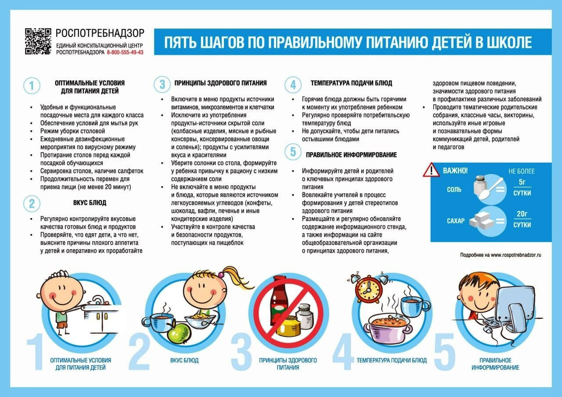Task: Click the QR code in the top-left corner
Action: pos(38,42)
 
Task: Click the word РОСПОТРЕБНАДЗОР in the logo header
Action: pos(100,33)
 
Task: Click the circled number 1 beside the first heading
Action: pos(32,86)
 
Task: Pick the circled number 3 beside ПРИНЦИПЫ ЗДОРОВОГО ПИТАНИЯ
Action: pos(162,83)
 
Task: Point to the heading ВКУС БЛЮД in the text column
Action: pos(90,203)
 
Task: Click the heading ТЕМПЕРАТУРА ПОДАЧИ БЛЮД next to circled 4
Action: pos(351,83)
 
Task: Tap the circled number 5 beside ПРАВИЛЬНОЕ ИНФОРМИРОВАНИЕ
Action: pos(293,152)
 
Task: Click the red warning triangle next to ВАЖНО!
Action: pos(431,170)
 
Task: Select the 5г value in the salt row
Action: pos(522,182)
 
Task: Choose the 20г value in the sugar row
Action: pos(522,214)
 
